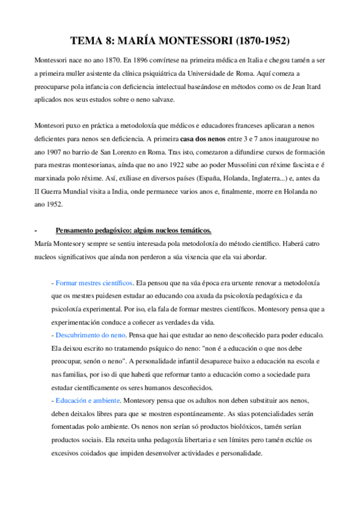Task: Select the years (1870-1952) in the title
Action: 255,41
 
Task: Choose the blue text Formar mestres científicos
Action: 94,282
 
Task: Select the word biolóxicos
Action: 229,426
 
